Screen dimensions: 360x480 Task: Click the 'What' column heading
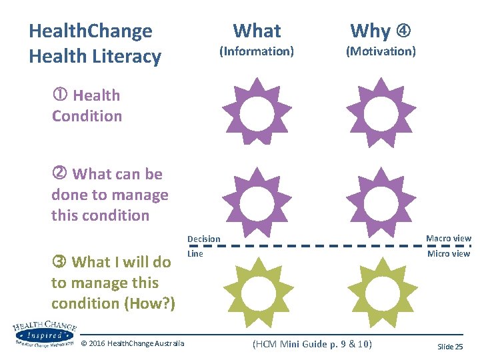[x=257, y=31]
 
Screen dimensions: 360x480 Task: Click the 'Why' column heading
[x=371, y=31]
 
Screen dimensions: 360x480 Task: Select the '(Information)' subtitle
[x=257, y=51]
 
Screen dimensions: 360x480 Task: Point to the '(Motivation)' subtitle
[x=381, y=51]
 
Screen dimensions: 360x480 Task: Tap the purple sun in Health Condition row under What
[x=257, y=111]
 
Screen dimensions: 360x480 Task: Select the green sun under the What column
[x=257, y=291]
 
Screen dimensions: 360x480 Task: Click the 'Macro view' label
[x=449, y=239]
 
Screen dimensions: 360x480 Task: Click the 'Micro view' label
[x=449, y=254]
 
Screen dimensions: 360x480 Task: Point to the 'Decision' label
[x=203, y=239]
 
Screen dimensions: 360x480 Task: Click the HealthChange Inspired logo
[x=43, y=333]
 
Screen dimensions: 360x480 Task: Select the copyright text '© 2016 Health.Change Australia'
[x=132, y=343]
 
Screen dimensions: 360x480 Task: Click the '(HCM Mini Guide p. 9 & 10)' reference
[x=312, y=344]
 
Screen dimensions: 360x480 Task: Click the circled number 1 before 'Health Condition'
[x=60, y=95]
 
